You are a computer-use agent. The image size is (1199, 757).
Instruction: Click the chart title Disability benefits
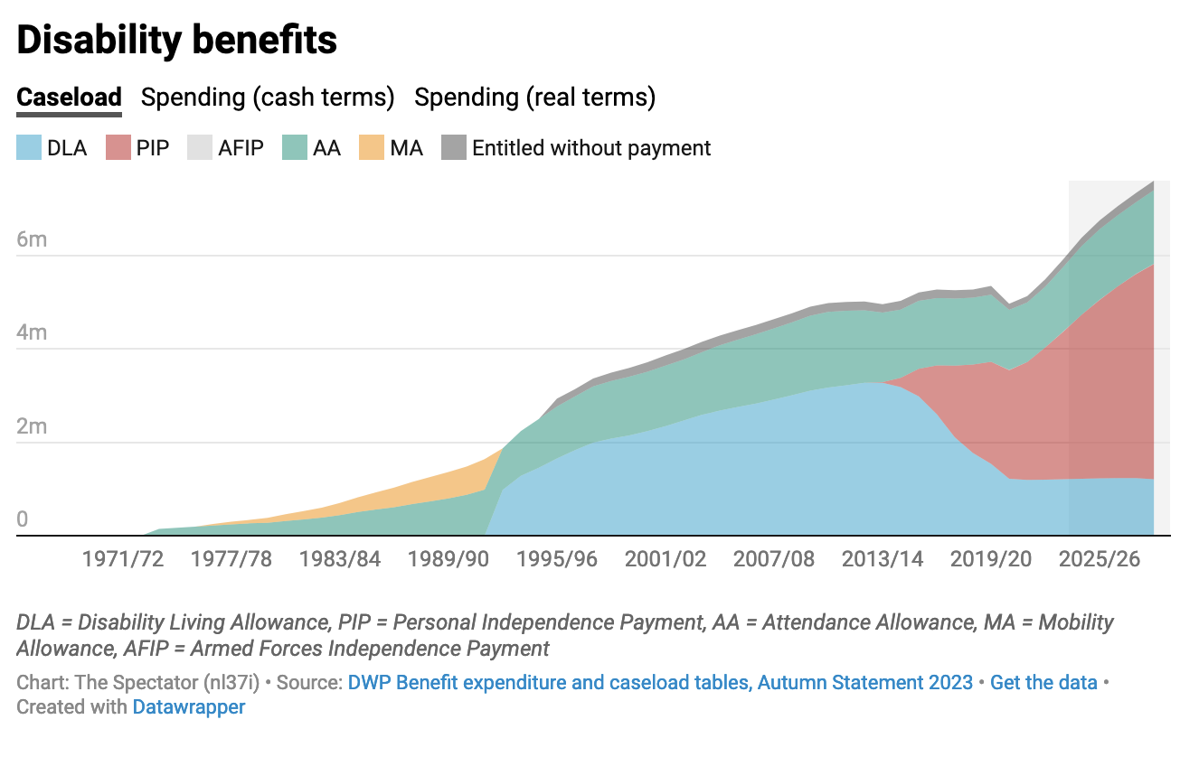coord(177,41)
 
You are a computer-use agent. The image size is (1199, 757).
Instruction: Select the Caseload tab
coord(69,98)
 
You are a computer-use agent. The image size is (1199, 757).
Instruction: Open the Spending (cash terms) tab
coord(268,98)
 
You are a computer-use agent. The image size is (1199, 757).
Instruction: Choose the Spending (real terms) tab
coord(534,98)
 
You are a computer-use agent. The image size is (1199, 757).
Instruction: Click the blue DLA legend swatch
coord(29,148)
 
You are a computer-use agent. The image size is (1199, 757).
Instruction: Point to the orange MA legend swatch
coord(372,148)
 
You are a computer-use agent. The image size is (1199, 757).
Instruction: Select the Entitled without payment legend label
coord(591,148)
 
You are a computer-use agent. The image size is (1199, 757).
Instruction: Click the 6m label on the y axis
coord(32,239)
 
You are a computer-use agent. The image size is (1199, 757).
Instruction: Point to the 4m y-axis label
coord(32,332)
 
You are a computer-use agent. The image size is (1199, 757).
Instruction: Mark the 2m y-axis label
coord(32,425)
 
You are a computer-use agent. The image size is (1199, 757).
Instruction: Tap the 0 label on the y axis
coord(23,519)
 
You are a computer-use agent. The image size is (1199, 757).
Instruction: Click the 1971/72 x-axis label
coord(123,559)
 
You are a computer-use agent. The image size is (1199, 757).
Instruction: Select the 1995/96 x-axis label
coord(557,559)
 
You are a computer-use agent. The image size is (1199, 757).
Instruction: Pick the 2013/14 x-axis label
coord(883,559)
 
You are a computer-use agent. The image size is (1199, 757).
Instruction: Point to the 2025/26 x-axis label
coord(1100,559)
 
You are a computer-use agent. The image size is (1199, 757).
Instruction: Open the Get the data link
coord(1043,683)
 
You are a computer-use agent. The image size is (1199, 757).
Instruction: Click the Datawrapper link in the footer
coord(189,706)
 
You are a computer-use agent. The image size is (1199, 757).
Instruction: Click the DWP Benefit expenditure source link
coord(660,683)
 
